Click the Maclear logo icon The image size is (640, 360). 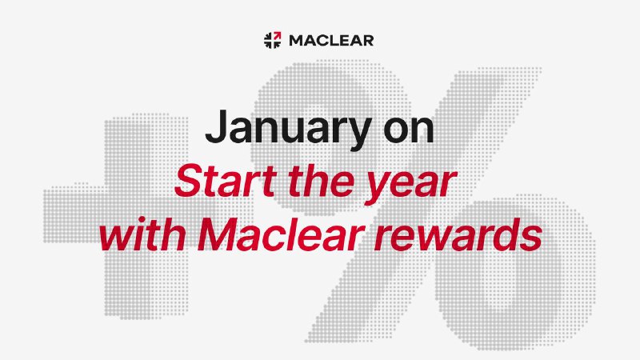(x=272, y=40)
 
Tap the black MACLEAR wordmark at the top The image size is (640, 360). (x=331, y=41)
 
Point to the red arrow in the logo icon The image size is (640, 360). (x=277, y=35)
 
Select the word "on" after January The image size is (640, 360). (x=408, y=130)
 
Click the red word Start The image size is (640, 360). (x=226, y=181)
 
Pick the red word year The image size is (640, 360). (x=410, y=186)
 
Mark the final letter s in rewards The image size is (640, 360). (x=531, y=238)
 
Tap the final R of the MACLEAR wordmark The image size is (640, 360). (x=367, y=41)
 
